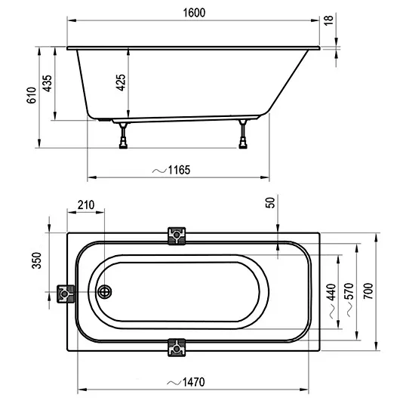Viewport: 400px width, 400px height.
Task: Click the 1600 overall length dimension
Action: [194, 13]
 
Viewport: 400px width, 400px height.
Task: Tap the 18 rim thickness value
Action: [328, 20]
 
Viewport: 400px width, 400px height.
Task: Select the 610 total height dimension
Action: [32, 95]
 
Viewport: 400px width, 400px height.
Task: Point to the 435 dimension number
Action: [48, 83]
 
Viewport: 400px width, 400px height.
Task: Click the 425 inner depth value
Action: [121, 82]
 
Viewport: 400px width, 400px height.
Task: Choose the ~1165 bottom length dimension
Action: [171, 170]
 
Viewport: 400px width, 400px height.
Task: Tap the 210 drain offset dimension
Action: [86, 205]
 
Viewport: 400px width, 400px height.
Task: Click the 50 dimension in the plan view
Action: [270, 203]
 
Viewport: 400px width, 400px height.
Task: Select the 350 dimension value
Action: [37, 260]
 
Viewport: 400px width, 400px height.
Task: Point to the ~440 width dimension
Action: [331, 300]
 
